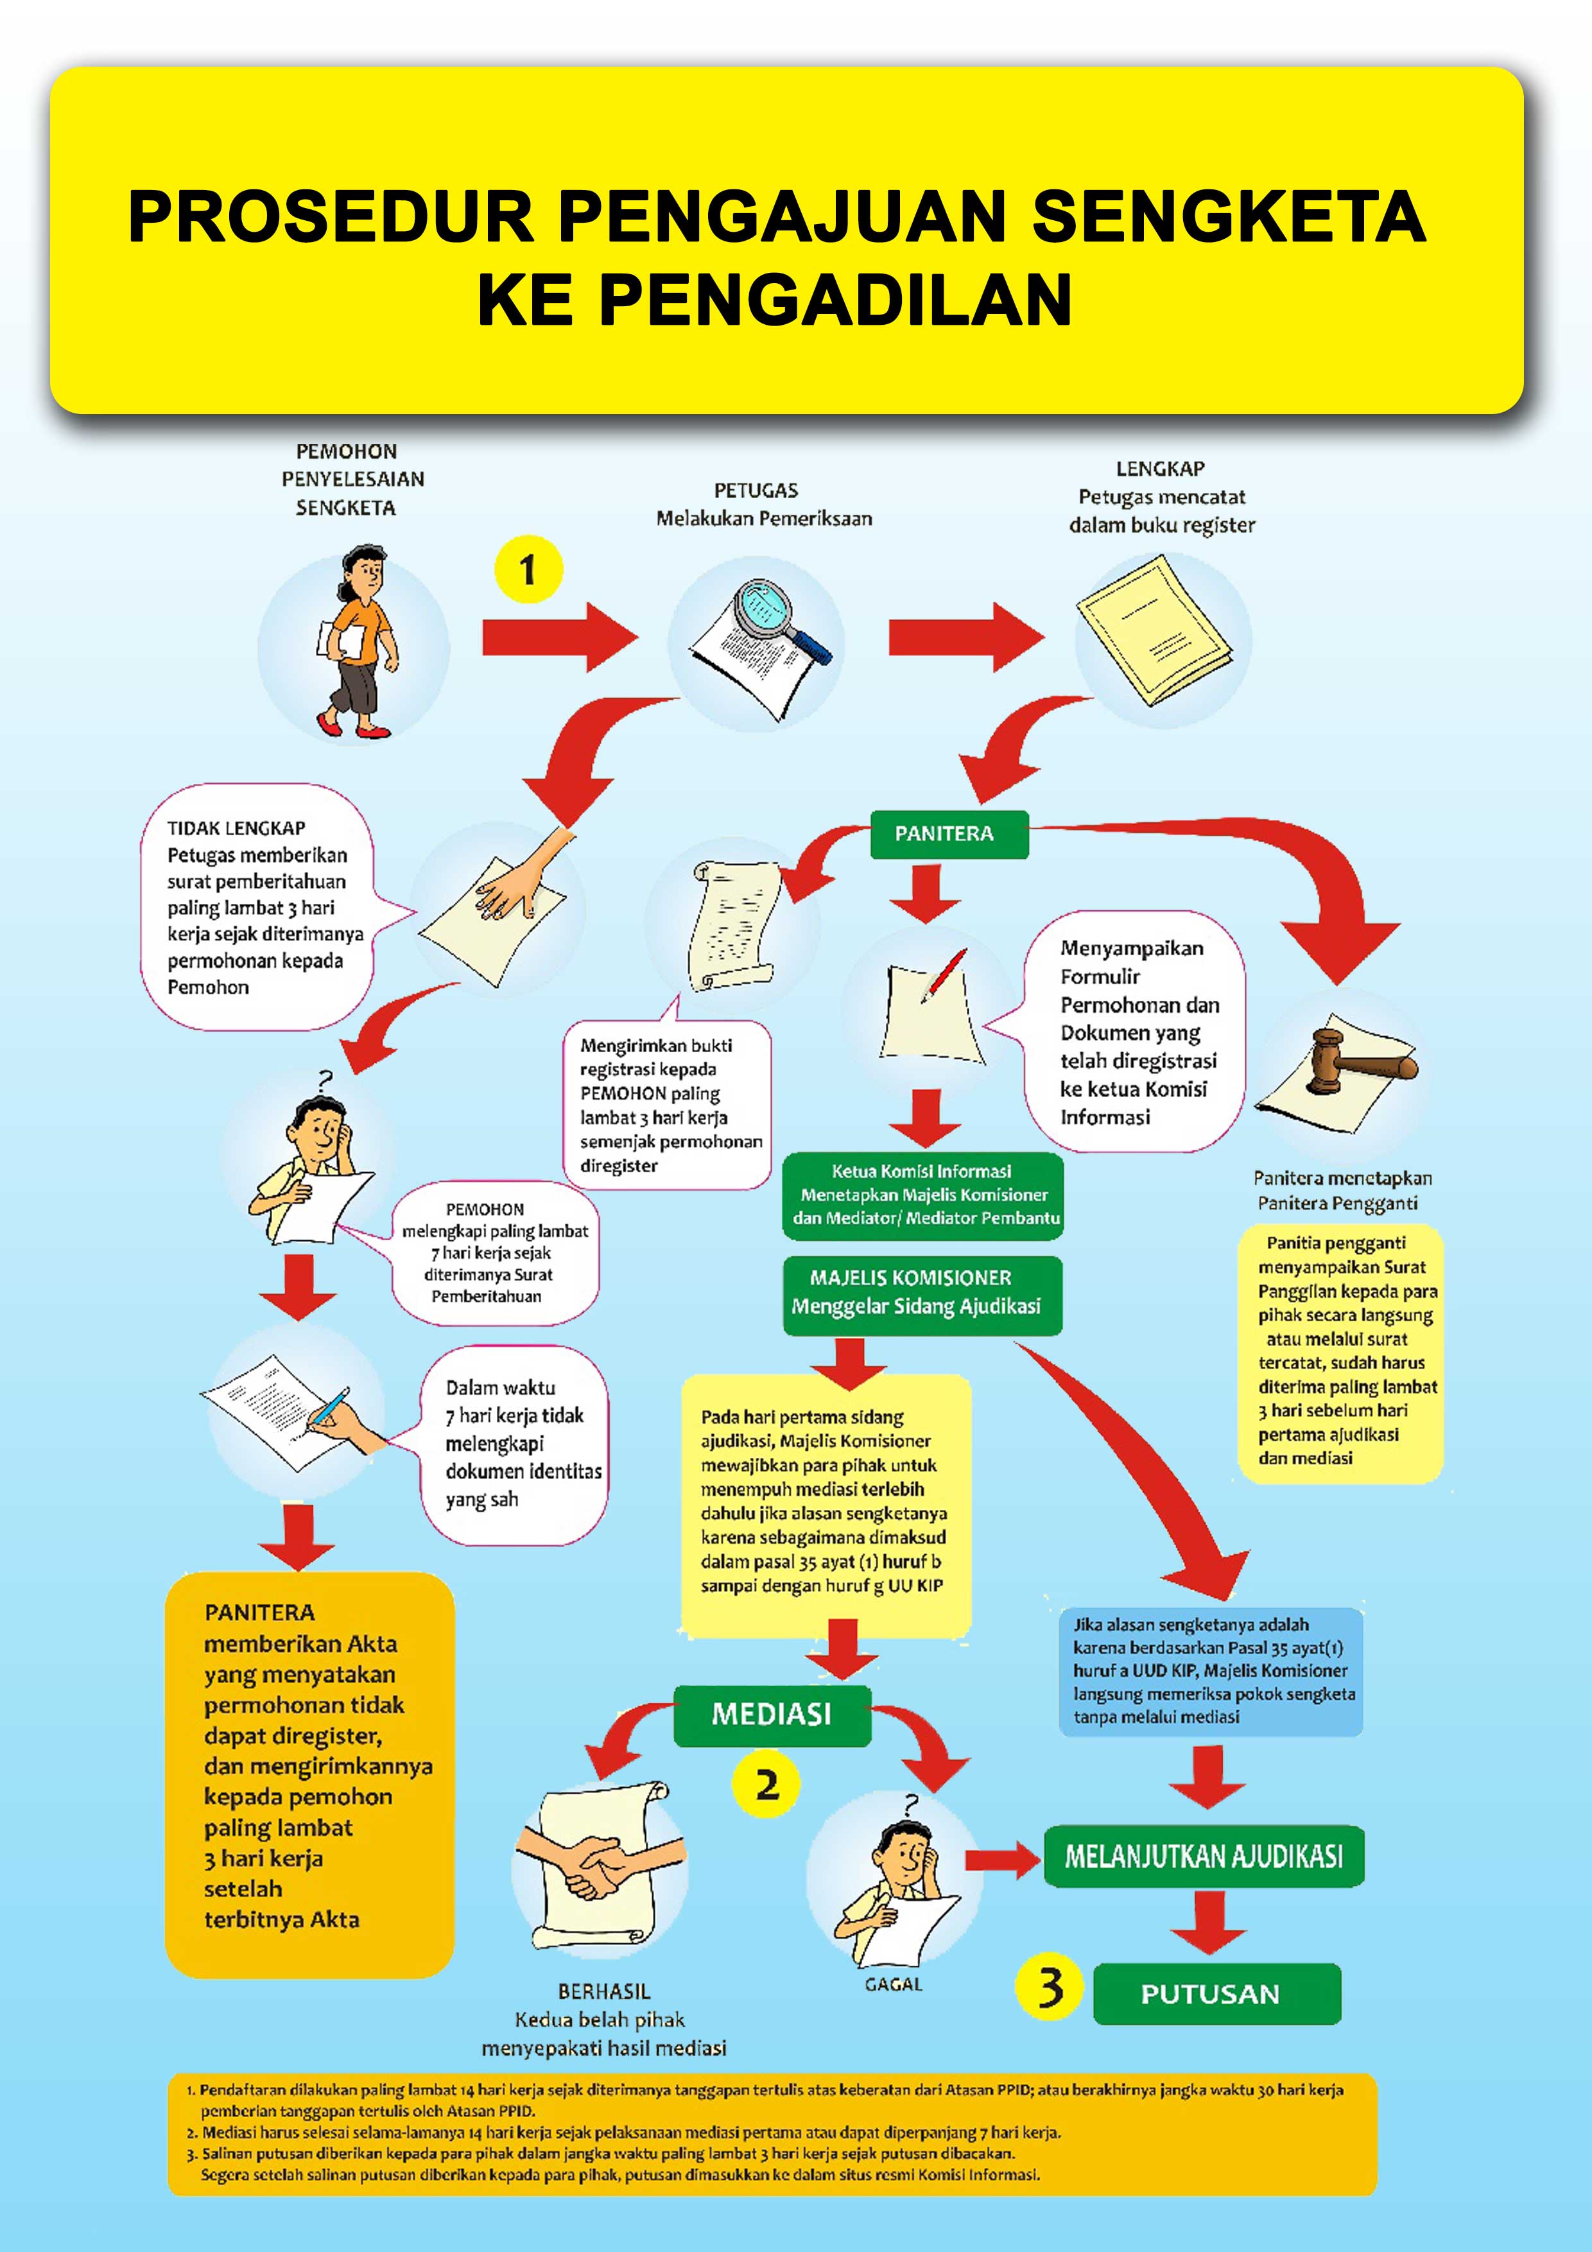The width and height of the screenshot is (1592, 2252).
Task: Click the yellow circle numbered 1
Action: pyautogui.click(x=528, y=569)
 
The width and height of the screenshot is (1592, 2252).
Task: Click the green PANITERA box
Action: pyautogui.click(x=949, y=834)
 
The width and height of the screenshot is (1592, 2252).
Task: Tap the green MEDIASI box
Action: pyautogui.click(x=772, y=1715)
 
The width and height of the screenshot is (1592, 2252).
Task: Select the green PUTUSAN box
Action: pyautogui.click(x=1216, y=1993)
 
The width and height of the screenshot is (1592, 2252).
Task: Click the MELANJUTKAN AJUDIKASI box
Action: pyautogui.click(x=1204, y=1856)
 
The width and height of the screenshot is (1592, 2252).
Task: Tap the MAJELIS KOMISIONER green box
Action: pyautogui.click(x=922, y=1295)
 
